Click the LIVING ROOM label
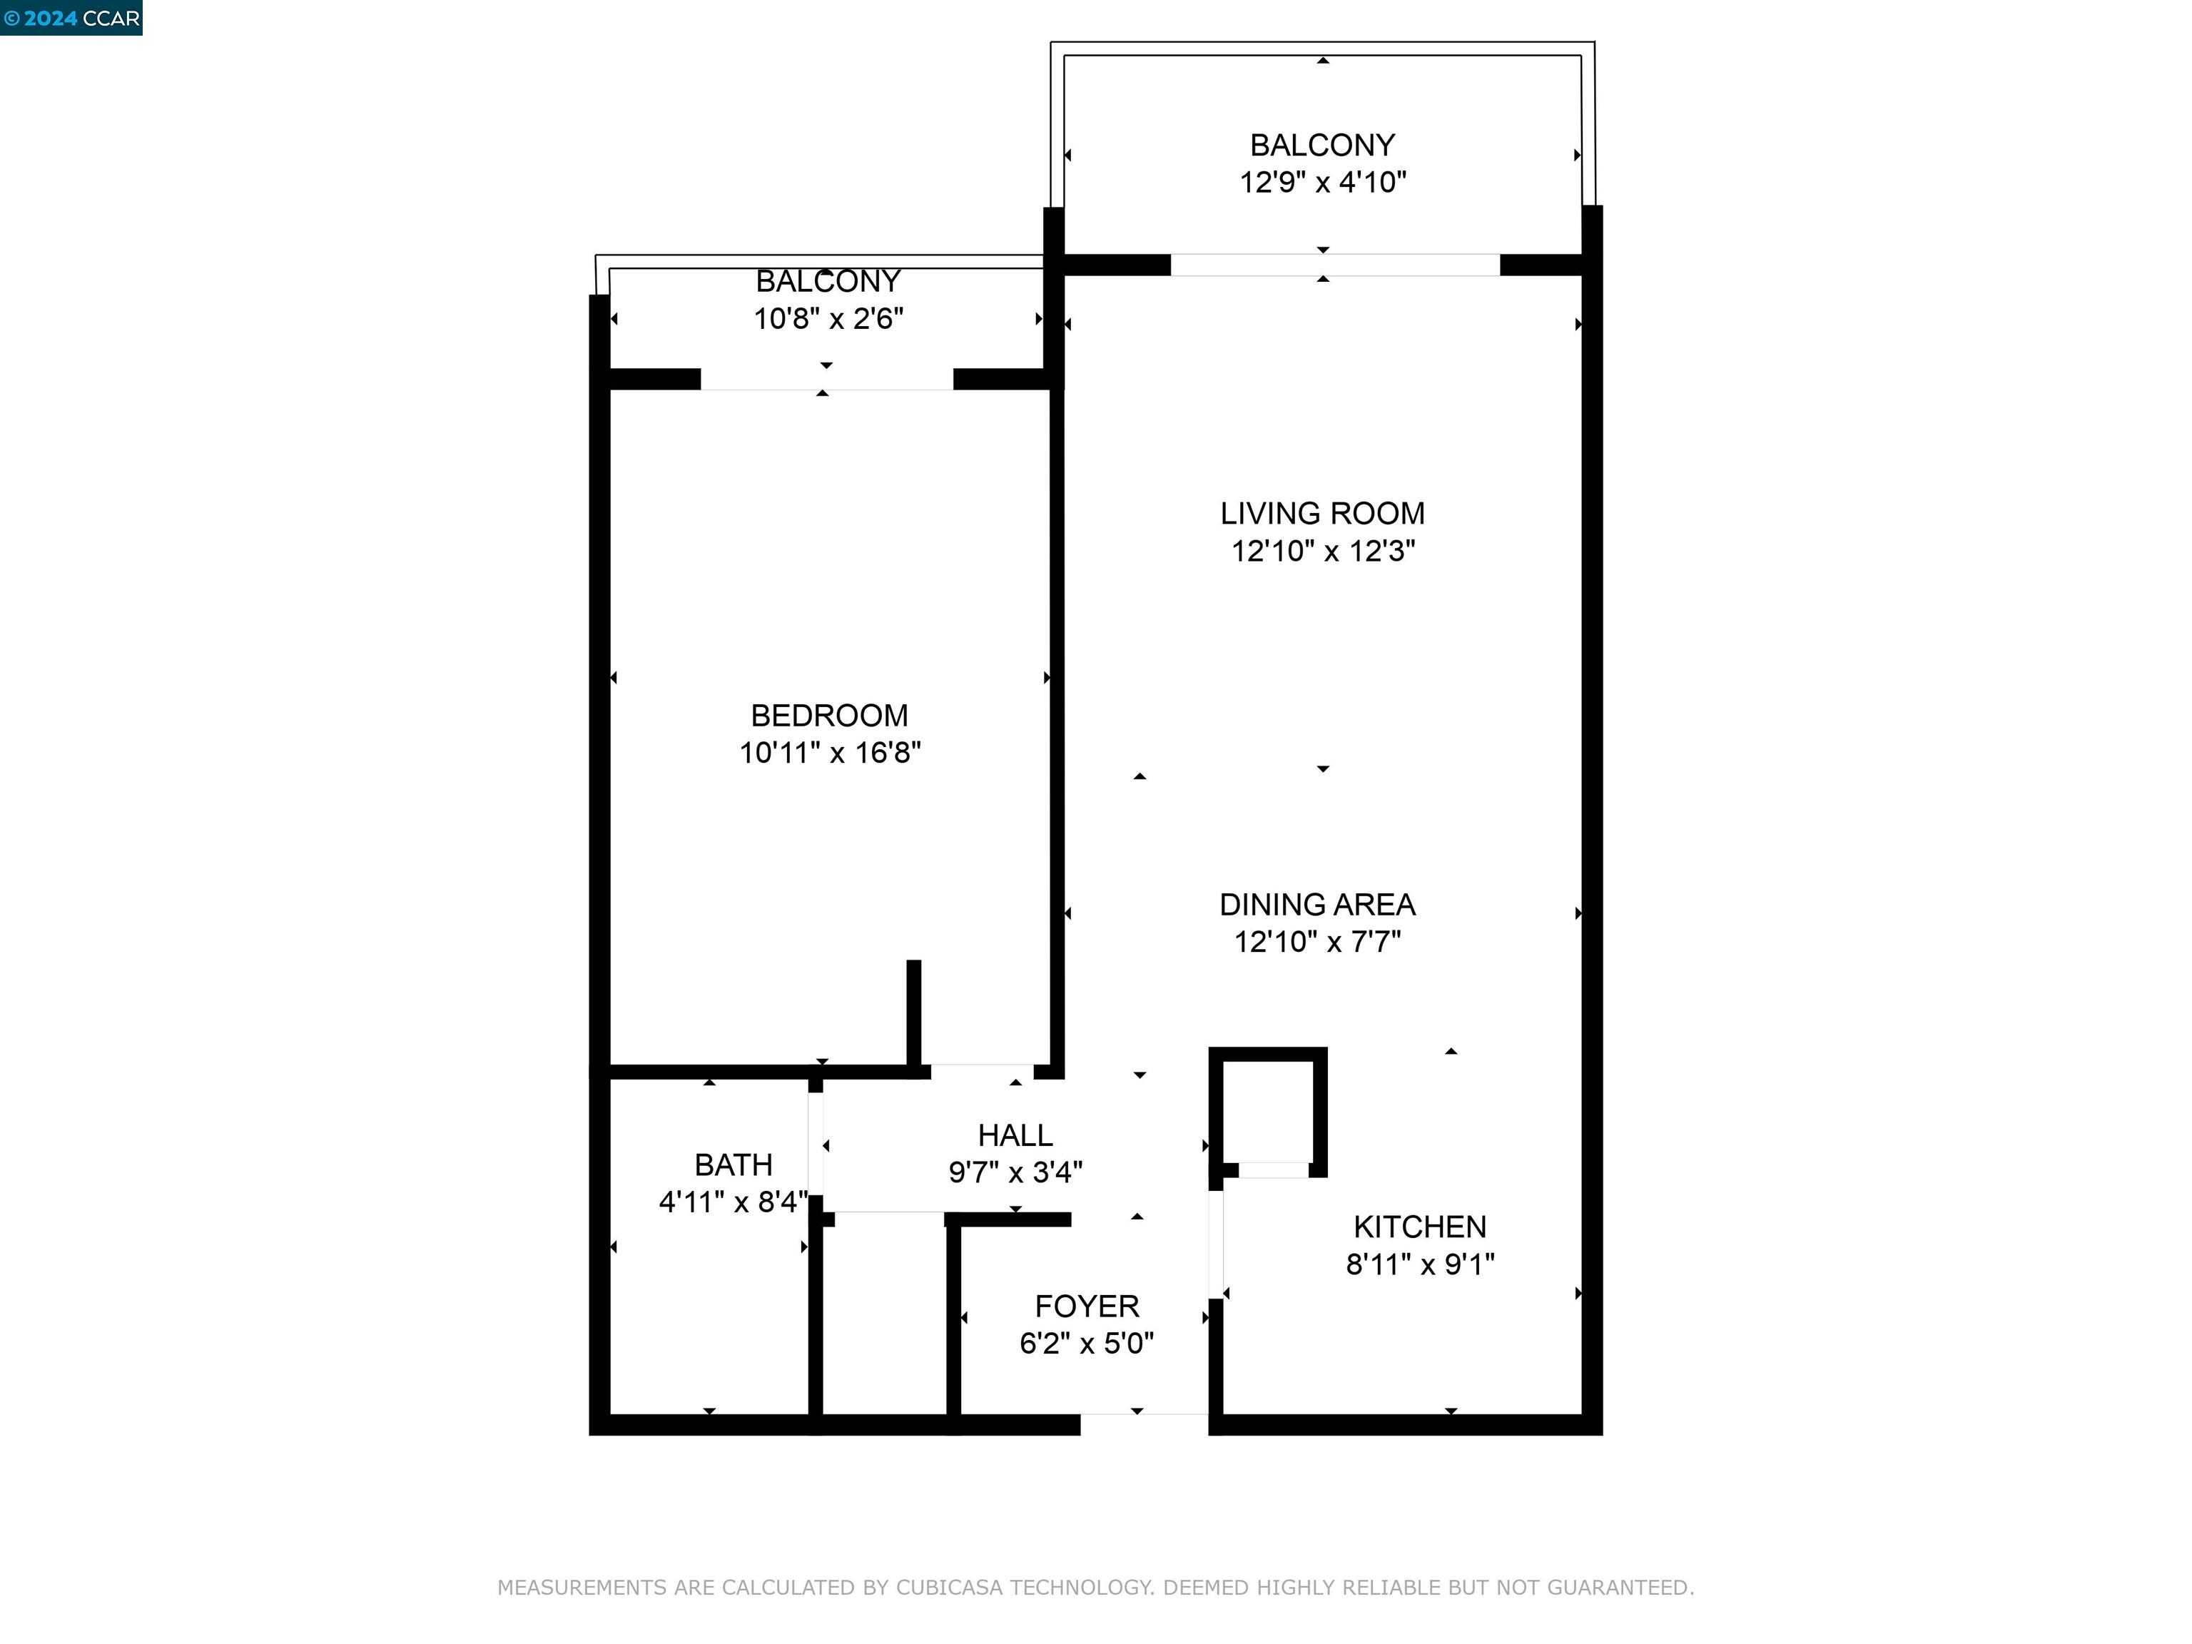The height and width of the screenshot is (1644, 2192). click(x=1322, y=513)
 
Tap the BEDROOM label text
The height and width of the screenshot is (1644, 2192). click(x=828, y=716)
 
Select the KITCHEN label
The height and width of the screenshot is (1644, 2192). click(x=1419, y=1227)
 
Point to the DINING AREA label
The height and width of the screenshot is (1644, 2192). click(x=1317, y=905)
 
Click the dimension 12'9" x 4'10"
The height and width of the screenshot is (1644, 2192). click(x=1323, y=183)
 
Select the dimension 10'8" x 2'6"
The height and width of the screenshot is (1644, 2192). click(x=828, y=319)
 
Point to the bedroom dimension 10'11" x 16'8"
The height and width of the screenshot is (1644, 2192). click(x=829, y=753)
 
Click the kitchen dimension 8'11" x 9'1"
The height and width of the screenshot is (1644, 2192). click(x=1419, y=1264)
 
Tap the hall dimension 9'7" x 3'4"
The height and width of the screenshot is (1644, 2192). click(x=1015, y=1173)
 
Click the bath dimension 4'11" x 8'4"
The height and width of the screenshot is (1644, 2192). click(x=734, y=1203)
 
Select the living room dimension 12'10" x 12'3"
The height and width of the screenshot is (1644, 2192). click(x=1322, y=551)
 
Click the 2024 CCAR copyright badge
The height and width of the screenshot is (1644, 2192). click(x=71, y=18)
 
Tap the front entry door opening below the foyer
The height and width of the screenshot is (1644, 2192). click(x=1144, y=1424)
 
